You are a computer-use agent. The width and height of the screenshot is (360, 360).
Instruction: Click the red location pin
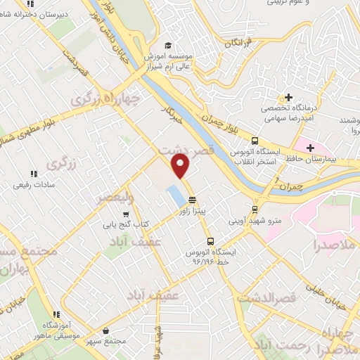click(181, 165)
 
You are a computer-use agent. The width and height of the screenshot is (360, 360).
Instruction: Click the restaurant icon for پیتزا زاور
click(192, 199)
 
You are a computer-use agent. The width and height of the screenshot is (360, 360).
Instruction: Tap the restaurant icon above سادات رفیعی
click(32, 174)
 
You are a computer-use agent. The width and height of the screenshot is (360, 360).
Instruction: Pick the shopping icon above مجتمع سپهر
click(105, 330)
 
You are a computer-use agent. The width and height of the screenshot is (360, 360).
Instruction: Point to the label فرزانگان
click(241, 43)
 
